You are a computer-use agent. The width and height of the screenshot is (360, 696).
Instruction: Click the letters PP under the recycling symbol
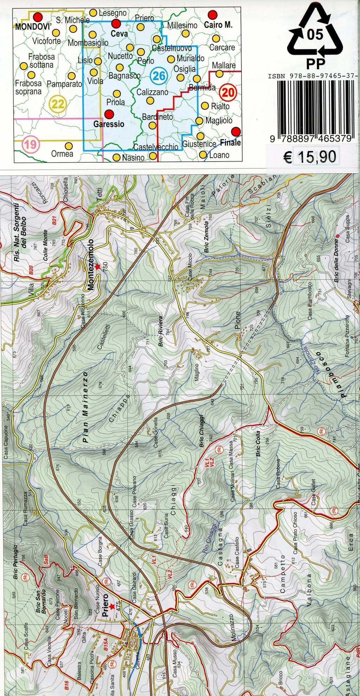tap(315, 64)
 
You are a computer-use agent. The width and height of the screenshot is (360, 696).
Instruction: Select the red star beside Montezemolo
tap(97, 267)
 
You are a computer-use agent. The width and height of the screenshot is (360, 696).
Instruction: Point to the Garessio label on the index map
tap(109, 124)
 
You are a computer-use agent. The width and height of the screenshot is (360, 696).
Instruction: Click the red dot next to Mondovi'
tap(38, 17)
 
